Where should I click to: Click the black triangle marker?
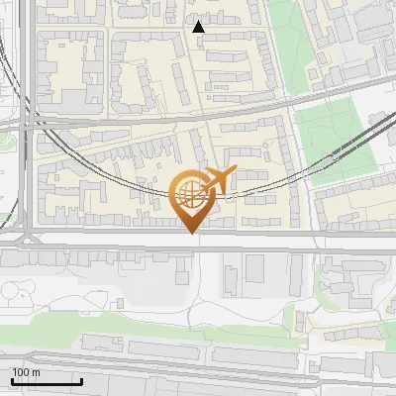click(x=199, y=27)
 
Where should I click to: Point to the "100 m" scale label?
click(x=26, y=372)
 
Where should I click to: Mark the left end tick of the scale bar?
click(x=12, y=380)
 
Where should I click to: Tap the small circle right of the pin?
click(x=230, y=196)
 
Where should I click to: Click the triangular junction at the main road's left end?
click(x=28, y=238)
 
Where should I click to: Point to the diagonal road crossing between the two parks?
click(x=297, y=99)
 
